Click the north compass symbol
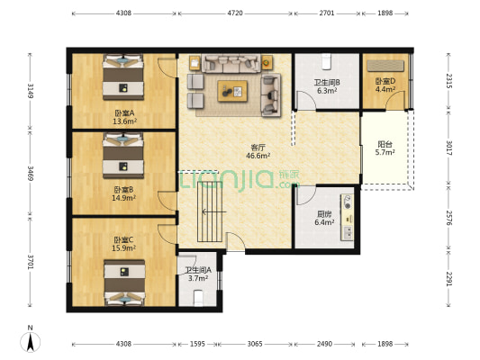click(30, 342)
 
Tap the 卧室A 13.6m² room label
click(124, 117)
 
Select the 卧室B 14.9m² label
click(123, 193)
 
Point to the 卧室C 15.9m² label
click(123, 244)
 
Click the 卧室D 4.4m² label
click(385, 85)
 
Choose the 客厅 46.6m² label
click(258, 152)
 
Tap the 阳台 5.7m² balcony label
click(385, 148)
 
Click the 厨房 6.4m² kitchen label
click(324, 218)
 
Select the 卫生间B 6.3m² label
click(327, 86)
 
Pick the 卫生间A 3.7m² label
click(198, 274)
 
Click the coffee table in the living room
click(232, 91)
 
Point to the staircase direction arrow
click(214, 211)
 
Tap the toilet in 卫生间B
click(327, 61)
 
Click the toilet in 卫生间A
click(198, 298)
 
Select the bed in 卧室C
click(124, 283)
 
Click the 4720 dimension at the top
click(235, 13)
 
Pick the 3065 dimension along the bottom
click(255, 344)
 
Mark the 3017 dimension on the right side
click(448, 148)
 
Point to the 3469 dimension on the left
click(30, 173)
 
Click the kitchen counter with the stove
click(348, 217)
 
